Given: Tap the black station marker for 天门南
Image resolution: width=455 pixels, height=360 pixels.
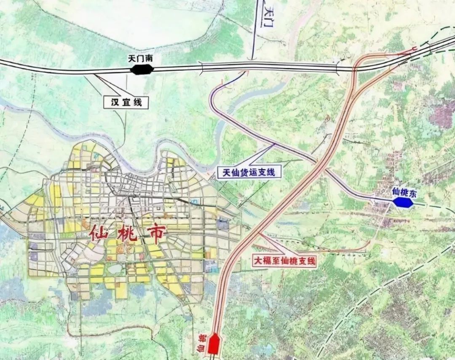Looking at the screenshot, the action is click(x=141, y=69).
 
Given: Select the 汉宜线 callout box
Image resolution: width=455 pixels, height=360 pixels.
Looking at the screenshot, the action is click(x=126, y=101).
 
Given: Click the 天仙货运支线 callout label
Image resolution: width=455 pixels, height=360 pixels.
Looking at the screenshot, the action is click(x=249, y=172).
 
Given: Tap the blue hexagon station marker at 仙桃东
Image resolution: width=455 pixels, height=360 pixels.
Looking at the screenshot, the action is click(x=404, y=203).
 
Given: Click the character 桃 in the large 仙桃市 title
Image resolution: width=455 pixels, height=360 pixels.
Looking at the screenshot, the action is click(x=128, y=236).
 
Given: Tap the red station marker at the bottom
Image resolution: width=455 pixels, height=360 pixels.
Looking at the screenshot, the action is click(x=214, y=344).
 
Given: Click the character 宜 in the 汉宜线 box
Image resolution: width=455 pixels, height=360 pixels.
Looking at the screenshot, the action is click(x=126, y=101).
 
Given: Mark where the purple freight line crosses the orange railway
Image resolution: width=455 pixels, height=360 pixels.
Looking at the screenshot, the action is click(x=319, y=163).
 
